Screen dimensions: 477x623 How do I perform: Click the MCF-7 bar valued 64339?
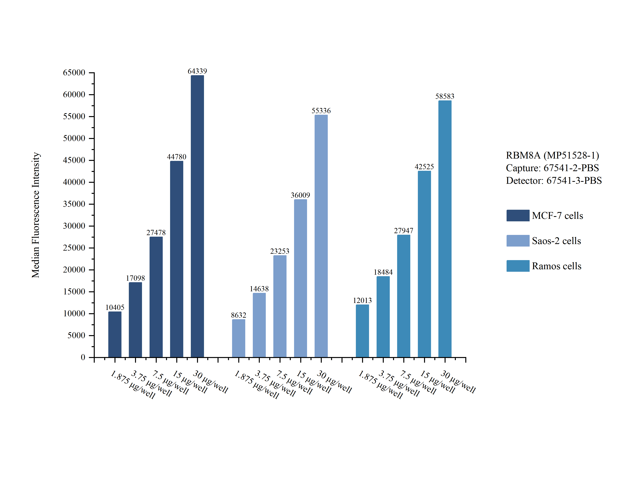197,216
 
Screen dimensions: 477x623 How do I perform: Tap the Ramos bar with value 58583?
445,229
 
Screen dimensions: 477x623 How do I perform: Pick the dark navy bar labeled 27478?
156,297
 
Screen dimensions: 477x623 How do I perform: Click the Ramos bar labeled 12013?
362,331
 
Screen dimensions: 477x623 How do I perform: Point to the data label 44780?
176,157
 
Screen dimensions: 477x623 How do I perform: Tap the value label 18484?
383,272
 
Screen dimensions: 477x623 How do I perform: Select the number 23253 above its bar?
280,251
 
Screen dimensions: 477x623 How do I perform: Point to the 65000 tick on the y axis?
74,72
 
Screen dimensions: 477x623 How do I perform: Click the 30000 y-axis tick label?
74,226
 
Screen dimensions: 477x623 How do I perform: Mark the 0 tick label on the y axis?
83,357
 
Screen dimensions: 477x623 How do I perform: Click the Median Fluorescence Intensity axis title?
36,215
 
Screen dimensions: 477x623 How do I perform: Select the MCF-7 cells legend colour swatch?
518,216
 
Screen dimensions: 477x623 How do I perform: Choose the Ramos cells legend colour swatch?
518,266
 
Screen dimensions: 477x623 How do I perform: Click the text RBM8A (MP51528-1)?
552,155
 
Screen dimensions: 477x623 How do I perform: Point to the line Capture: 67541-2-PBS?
552,168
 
